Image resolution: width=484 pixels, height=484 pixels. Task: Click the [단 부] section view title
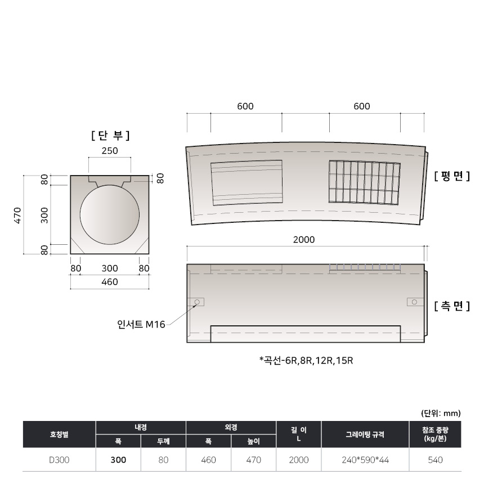(x=110, y=135)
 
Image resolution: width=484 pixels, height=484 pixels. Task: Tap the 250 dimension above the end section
(x=110, y=151)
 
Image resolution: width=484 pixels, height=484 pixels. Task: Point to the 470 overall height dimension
(x=17, y=215)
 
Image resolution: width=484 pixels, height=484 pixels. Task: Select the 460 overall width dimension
(x=110, y=282)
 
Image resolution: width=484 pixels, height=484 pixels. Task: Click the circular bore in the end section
(x=110, y=214)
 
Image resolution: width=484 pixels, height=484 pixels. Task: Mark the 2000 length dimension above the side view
(x=304, y=240)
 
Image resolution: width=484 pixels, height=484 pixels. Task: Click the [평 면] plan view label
(x=452, y=176)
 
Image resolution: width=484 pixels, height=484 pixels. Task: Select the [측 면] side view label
(x=452, y=306)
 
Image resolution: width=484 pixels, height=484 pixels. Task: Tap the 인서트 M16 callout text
(x=141, y=324)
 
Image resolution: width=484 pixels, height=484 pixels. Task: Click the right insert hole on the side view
(x=414, y=302)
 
